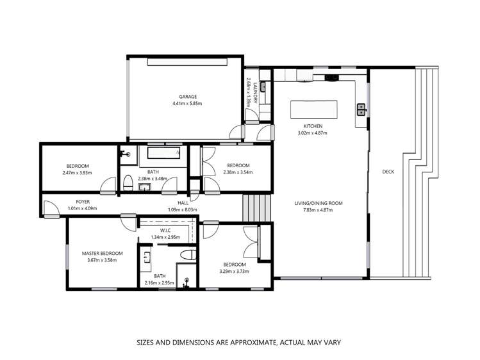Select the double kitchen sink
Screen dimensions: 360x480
[x=361, y=110]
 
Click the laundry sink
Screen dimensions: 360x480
[x=251, y=117]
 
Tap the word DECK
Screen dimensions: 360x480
[x=388, y=172]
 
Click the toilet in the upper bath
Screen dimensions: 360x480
[x=128, y=183]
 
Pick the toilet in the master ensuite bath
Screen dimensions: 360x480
[x=186, y=255]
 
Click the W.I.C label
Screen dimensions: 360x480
[x=167, y=231]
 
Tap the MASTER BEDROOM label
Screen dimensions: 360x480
[x=102, y=253]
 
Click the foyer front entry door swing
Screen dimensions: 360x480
[x=50, y=208]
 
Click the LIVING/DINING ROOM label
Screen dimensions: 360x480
[x=319, y=203]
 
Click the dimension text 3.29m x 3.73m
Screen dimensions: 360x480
[x=234, y=271]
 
